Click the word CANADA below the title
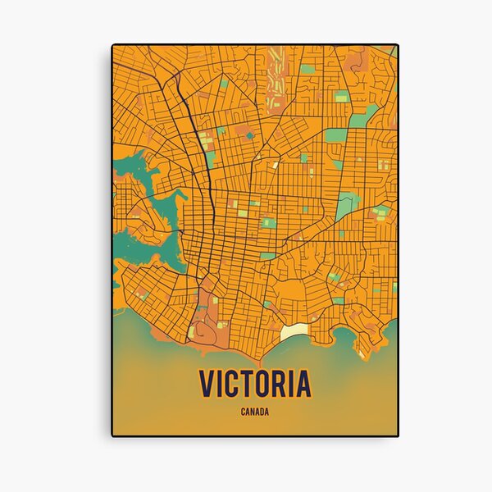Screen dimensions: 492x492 (x=254, y=412)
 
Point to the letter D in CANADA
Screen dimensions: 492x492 (x=262, y=412)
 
